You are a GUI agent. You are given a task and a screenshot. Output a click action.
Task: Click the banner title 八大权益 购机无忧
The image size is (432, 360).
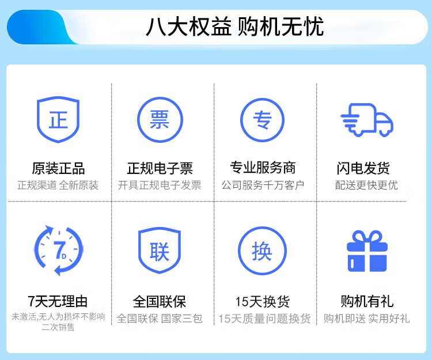tap(235, 26)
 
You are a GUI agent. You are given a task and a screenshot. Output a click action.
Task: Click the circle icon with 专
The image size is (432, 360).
tap(262, 100)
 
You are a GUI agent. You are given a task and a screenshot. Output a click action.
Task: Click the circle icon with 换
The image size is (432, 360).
tap(262, 228)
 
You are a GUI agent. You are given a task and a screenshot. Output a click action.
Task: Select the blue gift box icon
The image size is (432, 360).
tap(367, 251)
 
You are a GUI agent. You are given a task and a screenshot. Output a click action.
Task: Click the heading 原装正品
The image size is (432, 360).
tap(58, 168)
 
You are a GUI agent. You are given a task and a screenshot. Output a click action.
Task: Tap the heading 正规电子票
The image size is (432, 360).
tap(160, 168)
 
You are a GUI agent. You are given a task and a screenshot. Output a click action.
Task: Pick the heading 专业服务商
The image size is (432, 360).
tap(263, 168)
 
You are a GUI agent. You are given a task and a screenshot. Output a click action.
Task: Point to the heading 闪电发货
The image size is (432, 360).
tap(363, 168)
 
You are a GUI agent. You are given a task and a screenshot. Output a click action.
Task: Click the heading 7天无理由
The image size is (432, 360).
tap(58, 301)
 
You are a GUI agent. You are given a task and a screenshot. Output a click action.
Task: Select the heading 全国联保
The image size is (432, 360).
tap(160, 302)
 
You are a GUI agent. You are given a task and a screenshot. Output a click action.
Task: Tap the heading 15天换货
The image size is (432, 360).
tap(262, 302)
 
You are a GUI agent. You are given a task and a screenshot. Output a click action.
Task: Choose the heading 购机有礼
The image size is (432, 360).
tap(367, 301)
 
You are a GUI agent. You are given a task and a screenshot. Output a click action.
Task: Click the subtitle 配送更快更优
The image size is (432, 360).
tap(366, 185)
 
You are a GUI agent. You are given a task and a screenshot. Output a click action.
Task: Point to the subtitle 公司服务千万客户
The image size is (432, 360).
tap(263, 185)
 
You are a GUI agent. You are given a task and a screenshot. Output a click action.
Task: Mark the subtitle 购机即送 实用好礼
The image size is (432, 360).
tap(366, 319)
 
